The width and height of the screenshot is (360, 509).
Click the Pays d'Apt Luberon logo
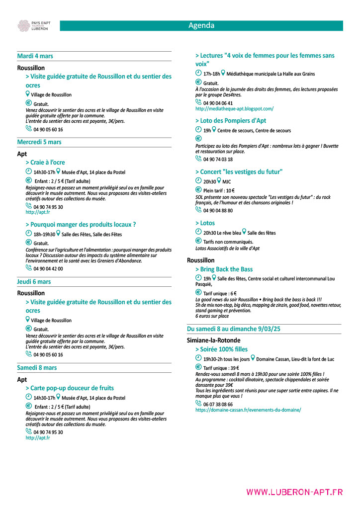coord(33,26)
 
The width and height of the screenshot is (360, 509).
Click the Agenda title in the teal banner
coord(201,26)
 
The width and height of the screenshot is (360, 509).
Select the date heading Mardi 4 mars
coord(35,56)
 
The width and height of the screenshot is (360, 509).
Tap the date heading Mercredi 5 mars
coord(39,142)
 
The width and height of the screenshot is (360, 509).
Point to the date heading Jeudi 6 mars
coord(34,282)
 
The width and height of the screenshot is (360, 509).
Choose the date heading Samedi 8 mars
coord(37,368)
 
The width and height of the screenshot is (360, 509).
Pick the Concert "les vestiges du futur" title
coord(239,172)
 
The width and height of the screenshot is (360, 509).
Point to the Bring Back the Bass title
coord(224,269)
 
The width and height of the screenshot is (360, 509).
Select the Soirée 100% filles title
coord(221,349)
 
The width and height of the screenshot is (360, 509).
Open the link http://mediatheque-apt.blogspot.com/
coord(234,109)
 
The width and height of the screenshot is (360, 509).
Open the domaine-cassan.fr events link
coord(248,410)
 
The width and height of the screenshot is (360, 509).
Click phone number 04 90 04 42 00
coord(48,269)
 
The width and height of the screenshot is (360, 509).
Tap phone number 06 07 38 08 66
coord(218,405)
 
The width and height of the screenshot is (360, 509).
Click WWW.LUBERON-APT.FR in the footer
coord(294,492)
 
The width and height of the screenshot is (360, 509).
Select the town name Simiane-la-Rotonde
coord(213,340)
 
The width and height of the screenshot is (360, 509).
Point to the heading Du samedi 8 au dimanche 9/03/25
coord(234,329)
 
